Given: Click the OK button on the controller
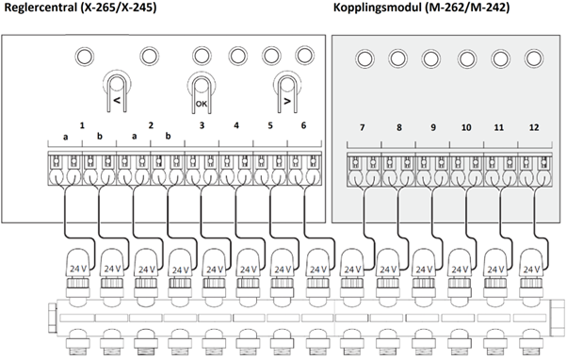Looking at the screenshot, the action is [x=201, y=92].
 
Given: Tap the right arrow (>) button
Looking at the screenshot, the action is [x=287, y=92].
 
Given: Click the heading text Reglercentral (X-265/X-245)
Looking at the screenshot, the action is [x=80, y=8].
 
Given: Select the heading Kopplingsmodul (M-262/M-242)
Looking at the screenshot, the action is [x=421, y=8].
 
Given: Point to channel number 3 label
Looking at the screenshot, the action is [x=202, y=125].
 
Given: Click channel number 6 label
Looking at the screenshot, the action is [x=303, y=125].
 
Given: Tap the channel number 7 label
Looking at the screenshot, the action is [x=362, y=127].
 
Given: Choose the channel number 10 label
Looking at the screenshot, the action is [x=466, y=127].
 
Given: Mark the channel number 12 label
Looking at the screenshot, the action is [x=534, y=127].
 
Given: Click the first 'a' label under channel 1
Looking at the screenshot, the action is [x=65, y=137].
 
